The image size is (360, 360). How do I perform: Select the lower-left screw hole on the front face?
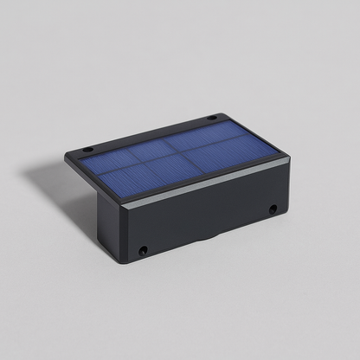pyautogui.click(x=144, y=251)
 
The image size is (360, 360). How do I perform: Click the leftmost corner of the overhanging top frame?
pyautogui.click(x=65, y=158)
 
